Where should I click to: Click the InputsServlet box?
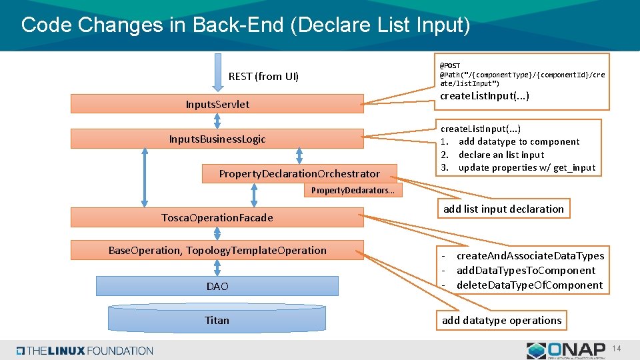coord(217,104)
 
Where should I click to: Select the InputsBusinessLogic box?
coord(217,139)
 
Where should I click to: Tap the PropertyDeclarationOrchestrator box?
coord(299,173)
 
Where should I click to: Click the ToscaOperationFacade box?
coord(217,217)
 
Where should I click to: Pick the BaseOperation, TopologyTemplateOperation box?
coord(217,250)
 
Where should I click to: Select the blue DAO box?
coord(217,286)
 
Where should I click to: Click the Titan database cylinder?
coord(217,320)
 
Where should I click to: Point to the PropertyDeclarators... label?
coord(353,191)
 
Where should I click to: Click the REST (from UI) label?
coord(263,76)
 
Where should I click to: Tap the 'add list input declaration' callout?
coord(503,209)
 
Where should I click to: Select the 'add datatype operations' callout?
coord(501,320)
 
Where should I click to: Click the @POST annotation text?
coord(450,65)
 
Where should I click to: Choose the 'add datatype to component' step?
coord(519,141)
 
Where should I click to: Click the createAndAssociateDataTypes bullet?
coord(530,255)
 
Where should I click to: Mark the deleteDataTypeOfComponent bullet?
coord(529,285)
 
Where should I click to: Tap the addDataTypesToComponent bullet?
coord(525,270)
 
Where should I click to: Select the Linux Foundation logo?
coord(85,351)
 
